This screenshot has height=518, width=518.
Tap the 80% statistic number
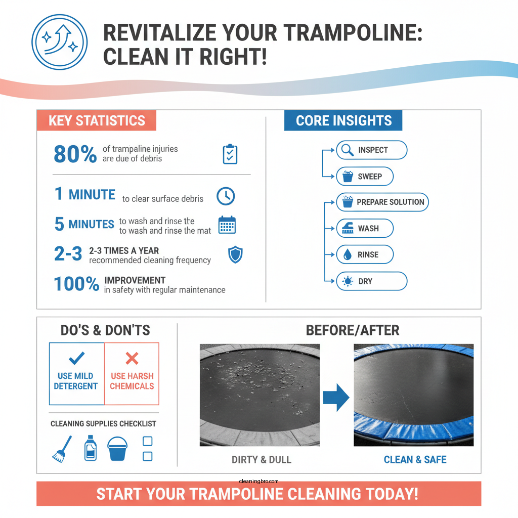click(x=75, y=154)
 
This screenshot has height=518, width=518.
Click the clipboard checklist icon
click(x=230, y=154)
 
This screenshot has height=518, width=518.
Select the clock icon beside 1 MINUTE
click(x=226, y=196)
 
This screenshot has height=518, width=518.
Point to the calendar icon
click(x=227, y=225)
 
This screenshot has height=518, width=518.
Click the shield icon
click(x=235, y=255)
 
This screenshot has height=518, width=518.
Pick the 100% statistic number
click(x=76, y=284)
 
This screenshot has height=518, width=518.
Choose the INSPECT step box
click(x=371, y=150)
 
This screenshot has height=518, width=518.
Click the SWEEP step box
click(x=364, y=177)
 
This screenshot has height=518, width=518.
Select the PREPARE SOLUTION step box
click(x=382, y=202)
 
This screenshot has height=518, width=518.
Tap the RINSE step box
click(x=364, y=254)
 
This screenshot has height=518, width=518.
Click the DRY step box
click(x=371, y=281)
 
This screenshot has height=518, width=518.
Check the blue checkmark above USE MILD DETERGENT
click(x=77, y=358)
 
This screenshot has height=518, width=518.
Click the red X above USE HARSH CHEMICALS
click(x=132, y=359)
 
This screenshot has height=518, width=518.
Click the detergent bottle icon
click(x=91, y=448)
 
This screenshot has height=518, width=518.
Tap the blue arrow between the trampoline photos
click(x=336, y=397)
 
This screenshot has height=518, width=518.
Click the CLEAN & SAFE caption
click(x=415, y=460)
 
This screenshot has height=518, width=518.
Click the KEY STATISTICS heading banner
click(x=96, y=121)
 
